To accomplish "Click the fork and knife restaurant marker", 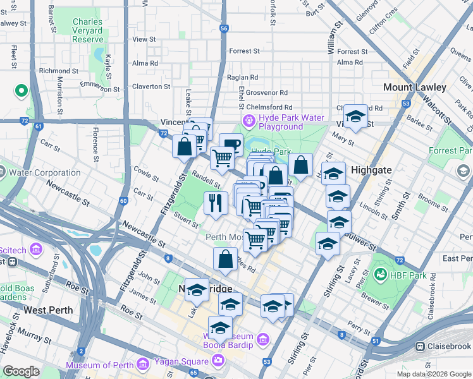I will tap(216, 203).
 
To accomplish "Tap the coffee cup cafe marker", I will tap(231, 145).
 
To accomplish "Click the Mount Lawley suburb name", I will tap(414, 87).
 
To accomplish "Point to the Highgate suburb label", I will tap(371, 171).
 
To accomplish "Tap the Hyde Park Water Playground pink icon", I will tap(249, 119).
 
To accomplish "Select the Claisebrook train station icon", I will tap(420, 346).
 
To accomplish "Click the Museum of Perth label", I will tap(101, 364).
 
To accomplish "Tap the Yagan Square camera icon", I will tap(218, 360).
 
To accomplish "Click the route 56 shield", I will tap(224, 28).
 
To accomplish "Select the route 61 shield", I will tap(39, 126).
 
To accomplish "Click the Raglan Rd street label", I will tap(242, 77).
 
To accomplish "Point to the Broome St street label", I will tap(433, 204).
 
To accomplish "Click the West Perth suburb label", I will tap(49, 310).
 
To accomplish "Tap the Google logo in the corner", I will tap(21, 371).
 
